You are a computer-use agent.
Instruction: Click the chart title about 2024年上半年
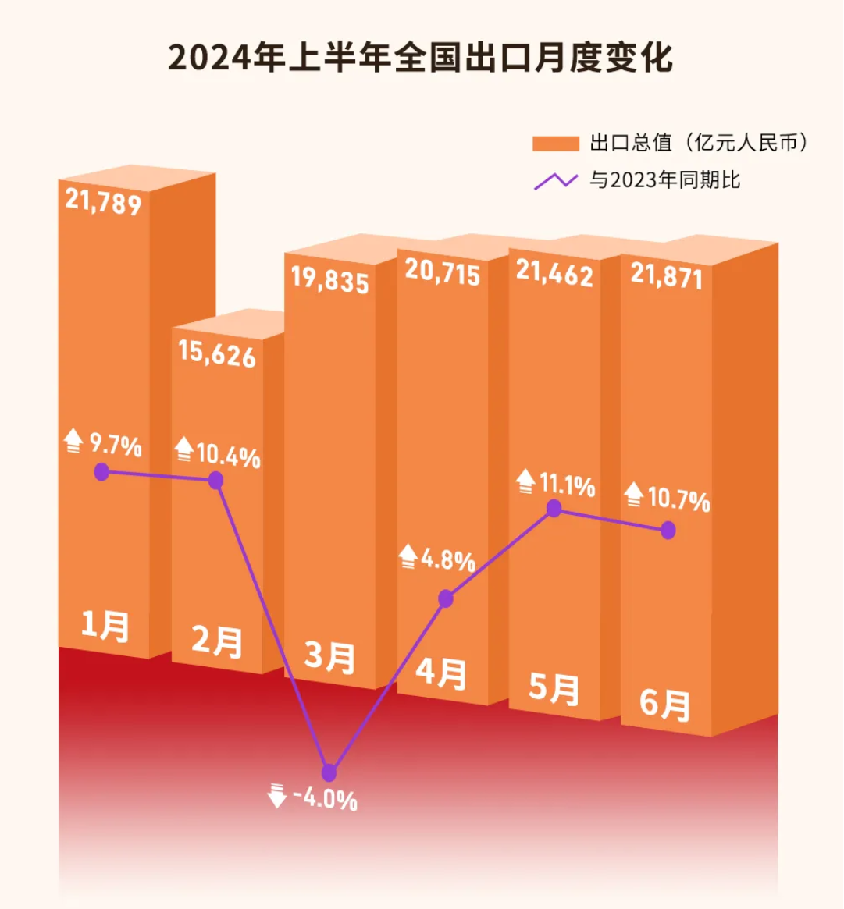420,59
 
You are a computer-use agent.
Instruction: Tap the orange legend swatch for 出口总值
555,144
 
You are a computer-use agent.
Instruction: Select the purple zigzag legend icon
555,181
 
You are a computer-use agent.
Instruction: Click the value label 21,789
103,202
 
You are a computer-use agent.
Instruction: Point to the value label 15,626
216,353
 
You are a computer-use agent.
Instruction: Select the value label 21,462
554,273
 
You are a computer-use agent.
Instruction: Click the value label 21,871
666,276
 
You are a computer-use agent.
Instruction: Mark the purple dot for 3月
329,773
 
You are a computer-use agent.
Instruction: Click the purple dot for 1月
101,471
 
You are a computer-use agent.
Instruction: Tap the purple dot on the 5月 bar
554,509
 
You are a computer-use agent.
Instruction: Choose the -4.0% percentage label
325,799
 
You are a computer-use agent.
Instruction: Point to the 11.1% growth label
567,485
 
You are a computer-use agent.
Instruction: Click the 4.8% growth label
448,559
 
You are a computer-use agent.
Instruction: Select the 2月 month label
216,642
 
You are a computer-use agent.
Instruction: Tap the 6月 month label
665,704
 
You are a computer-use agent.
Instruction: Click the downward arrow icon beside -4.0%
276,796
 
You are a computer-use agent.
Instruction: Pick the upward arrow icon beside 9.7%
73,441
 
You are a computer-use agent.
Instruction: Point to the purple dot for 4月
446,598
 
